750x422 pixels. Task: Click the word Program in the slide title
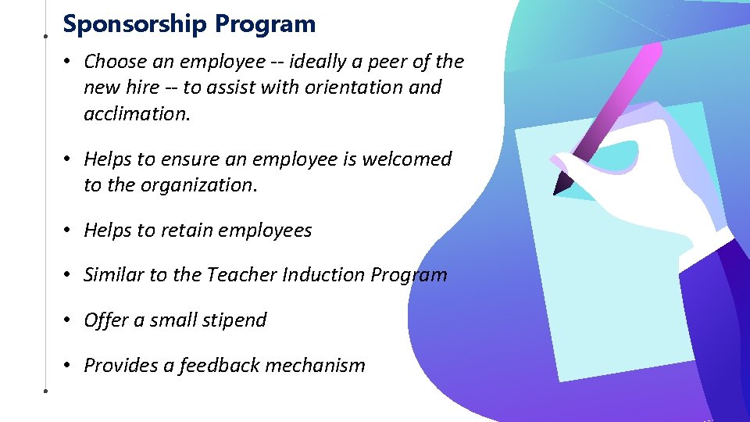(x=266, y=24)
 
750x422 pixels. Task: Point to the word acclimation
(x=137, y=113)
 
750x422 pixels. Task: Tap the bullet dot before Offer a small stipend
(x=69, y=320)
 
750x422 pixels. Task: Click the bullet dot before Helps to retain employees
(x=69, y=231)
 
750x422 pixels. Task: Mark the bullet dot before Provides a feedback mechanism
(x=69, y=365)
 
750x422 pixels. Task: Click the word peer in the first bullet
(x=378, y=62)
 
